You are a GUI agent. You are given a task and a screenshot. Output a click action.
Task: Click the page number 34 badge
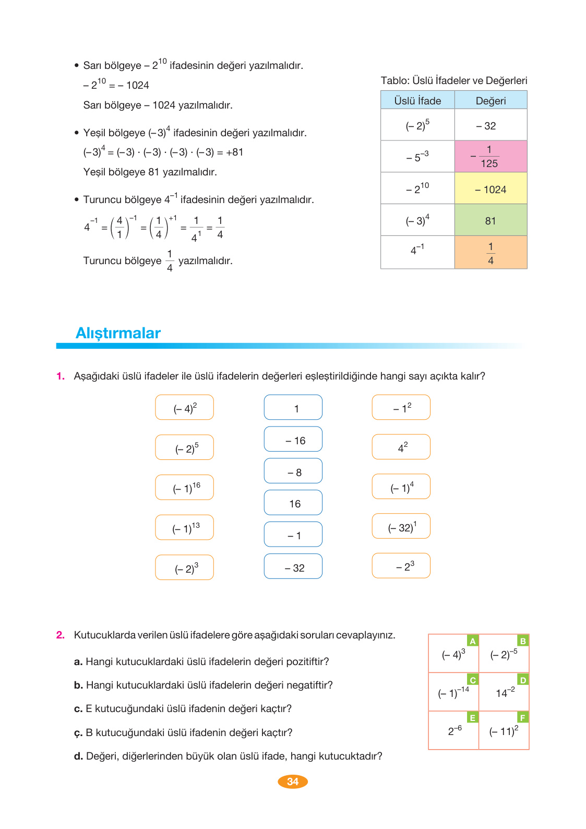click(x=293, y=781)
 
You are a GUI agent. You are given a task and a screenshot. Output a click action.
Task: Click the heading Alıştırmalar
click(x=118, y=333)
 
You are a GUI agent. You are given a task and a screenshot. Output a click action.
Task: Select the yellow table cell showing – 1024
click(x=491, y=189)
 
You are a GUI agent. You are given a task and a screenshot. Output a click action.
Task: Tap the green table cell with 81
click(x=491, y=220)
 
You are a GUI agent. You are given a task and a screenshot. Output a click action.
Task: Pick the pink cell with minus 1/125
click(x=491, y=156)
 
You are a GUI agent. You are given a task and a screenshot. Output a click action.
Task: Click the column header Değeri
click(x=491, y=101)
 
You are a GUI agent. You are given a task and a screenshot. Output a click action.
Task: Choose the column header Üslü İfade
click(x=417, y=101)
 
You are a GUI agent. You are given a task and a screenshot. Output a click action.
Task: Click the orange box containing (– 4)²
click(x=185, y=408)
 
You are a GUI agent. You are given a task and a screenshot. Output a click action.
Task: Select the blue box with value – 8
click(x=293, y=471)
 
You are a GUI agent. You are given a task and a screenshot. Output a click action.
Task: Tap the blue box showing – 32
click(x=293, y=567)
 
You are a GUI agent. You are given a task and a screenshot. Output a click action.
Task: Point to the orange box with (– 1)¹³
click(x=185, y=528)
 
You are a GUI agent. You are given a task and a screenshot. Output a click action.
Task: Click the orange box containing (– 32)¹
click(x=401, y=526)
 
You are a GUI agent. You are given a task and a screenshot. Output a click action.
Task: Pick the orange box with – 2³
click(x=401, y=566)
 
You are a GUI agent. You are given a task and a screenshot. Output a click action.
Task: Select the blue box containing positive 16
click(x=293, y=503)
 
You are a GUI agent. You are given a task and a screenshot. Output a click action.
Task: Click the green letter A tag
click(x=473, y=641)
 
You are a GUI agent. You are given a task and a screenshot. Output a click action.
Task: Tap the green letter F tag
click(x=523, y=717)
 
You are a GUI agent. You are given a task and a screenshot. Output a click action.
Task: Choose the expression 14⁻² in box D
click(x=505, y=693)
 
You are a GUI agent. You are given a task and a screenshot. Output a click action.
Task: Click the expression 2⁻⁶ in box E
click(x=455, y=730)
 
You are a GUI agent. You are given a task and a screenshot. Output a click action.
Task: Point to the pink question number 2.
click(x=61, y=635)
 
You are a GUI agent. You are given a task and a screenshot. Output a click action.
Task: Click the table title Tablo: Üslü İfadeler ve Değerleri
click(x=454, y=80)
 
